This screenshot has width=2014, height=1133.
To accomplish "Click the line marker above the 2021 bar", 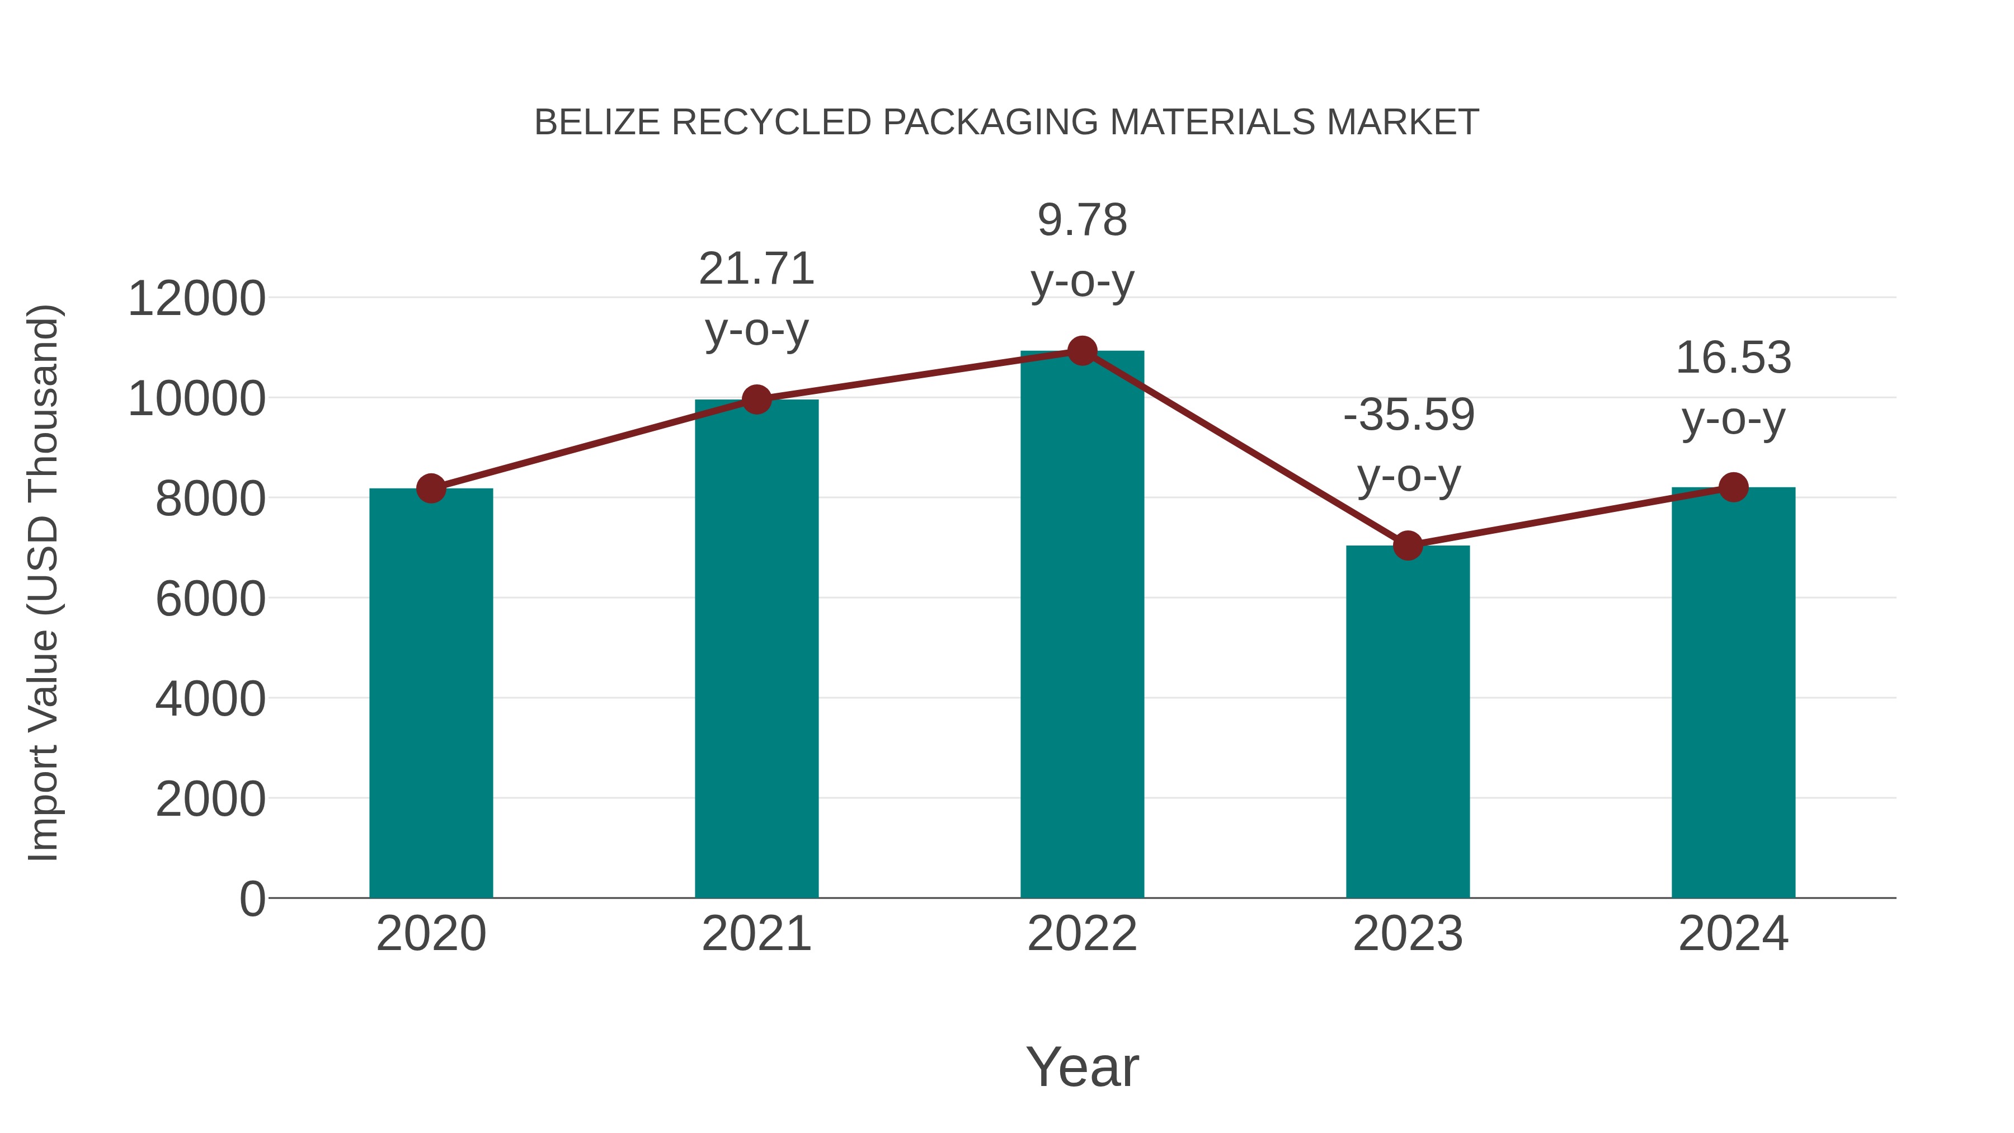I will (x=756, y=399).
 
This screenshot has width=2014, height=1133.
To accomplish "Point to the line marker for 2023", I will (x=1408, y=545).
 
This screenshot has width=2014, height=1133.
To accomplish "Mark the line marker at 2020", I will (x=431, y=488).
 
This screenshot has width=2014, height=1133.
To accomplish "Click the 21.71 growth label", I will (x=756, y=269).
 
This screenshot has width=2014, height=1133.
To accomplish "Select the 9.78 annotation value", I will (x=1082, y=220).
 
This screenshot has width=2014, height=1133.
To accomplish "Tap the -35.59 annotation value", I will (x=1408, y=415).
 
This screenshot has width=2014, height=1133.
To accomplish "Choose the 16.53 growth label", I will (x=1733, y=358).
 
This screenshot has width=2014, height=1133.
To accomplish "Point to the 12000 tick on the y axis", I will (x=196, y=299).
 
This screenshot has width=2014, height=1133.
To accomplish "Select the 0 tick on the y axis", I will (x=252, y=899).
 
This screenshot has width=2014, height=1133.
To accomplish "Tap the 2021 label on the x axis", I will (x=756, y=934).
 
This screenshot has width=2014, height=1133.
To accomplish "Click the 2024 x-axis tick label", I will (x=1733, y=934).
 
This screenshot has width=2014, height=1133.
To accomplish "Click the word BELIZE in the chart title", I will (x=596, y=123).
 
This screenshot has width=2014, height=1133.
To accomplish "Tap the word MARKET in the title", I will (x=1403, y=123).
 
